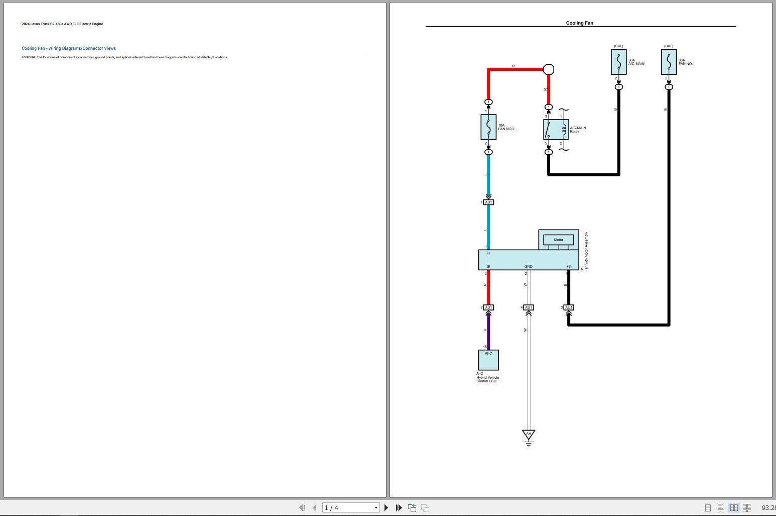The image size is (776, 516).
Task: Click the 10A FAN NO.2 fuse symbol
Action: (x=488, y=127)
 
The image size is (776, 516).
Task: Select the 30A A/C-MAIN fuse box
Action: (x=618, y=62)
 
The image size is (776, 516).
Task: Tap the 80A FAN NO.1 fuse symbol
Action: (x=669, y=62)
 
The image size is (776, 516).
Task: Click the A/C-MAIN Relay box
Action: (x=556, y=130)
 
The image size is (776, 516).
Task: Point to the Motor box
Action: (x=558, y=240)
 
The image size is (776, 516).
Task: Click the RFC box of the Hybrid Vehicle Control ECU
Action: (x=488, y=360)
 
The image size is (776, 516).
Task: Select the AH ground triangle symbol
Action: (x=529, y=435)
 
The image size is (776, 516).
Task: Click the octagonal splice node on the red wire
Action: (x=549, y=69)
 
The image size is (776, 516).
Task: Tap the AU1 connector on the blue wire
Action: (x=488, y=202)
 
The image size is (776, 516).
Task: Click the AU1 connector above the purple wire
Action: (x=488, y=307)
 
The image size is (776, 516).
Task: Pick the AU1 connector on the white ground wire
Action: (x=529, y=307)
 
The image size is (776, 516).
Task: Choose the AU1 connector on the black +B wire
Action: (x=569, y=307)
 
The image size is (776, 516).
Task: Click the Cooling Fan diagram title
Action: (x=579, y=23)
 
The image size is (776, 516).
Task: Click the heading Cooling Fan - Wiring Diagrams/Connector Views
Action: (x=69, y=48)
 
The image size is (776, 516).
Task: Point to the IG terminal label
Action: (x=488, y=253)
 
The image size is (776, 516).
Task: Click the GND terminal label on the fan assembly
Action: (x=529, y=267)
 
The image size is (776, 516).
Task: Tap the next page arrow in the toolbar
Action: (x=386, y=508)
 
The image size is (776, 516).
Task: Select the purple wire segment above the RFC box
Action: (x=488, y=331)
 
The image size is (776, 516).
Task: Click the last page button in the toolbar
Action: (x=399, y=508)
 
